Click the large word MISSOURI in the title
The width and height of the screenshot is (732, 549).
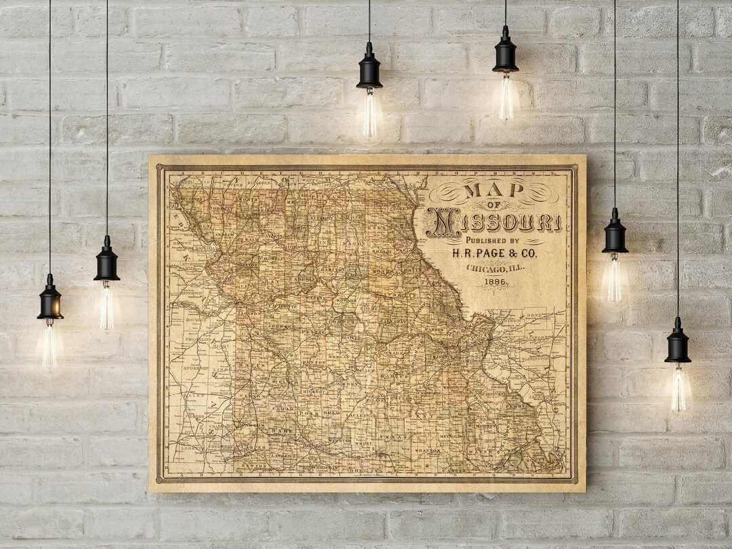click(x=493, y=222)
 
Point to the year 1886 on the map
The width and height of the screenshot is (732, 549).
click(x=495, y=282)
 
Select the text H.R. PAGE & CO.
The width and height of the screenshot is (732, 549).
click(x=494, y=253)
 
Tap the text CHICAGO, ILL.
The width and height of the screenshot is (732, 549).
click(x=495, y=269)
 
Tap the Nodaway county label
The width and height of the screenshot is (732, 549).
click(x=218, y=207)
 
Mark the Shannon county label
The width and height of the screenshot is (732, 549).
click(x=428, y=450)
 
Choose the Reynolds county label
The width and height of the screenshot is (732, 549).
click(x=452, y=436)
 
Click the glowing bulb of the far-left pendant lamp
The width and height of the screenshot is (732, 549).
click(x=49, y=346)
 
